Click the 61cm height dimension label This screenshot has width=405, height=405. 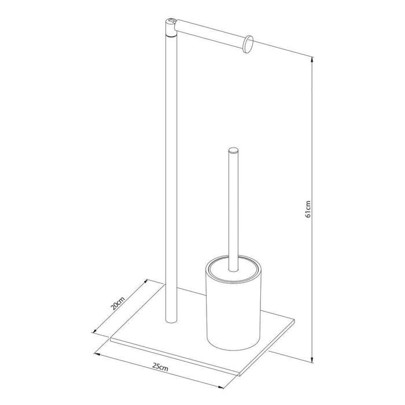click(x=309, y=209)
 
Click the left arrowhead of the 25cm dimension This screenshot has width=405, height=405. click(x=98, y=352)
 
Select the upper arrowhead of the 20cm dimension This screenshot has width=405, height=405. click(x=144, y=282)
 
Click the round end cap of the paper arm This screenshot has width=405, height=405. click(x=249, y=43)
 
